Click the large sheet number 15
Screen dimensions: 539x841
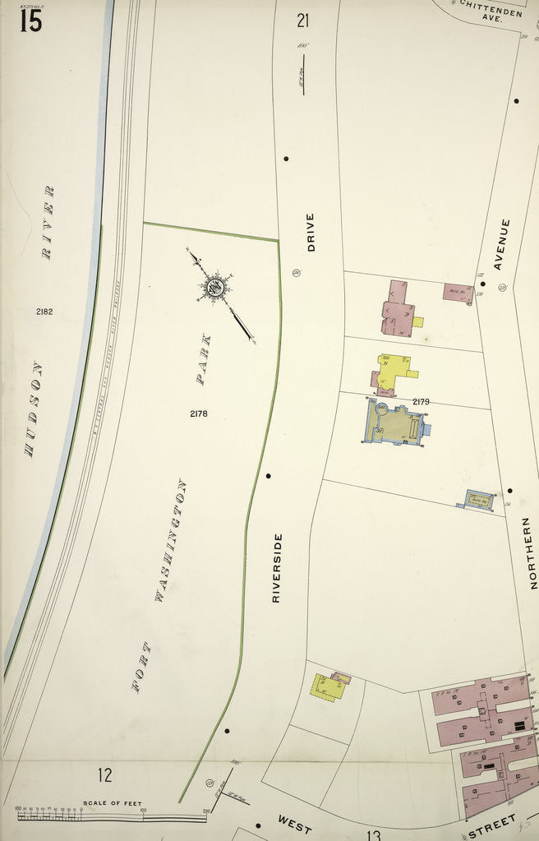pyautogui.click(x=30, y=20)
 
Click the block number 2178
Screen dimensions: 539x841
pyautogui.click(x=198, y=414)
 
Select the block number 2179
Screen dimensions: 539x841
pyautogui.click(x=421, y=402)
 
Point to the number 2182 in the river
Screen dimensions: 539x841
pyautogui.click(x=44, y=312)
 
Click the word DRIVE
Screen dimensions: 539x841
pyautogui.click(x=310, y=232)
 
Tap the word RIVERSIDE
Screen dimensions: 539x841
pyautogui.click(x=277, y=567)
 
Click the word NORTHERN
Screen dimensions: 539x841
pyautogui.click(x=532, y=552)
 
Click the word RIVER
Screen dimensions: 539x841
pyautogui.click(x=48, y=223)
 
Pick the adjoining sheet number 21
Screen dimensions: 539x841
pyautogui.click(x=303, y=21)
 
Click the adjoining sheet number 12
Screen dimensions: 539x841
pyautogui.click(x=104, y=774)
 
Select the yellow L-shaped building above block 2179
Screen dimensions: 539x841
pyautogui.click(x=394, y=370)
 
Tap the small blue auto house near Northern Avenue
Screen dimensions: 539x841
pyautogui.click(x=479, y=499)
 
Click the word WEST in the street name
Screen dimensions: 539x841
pyautogui.click(x=293, y=822)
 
